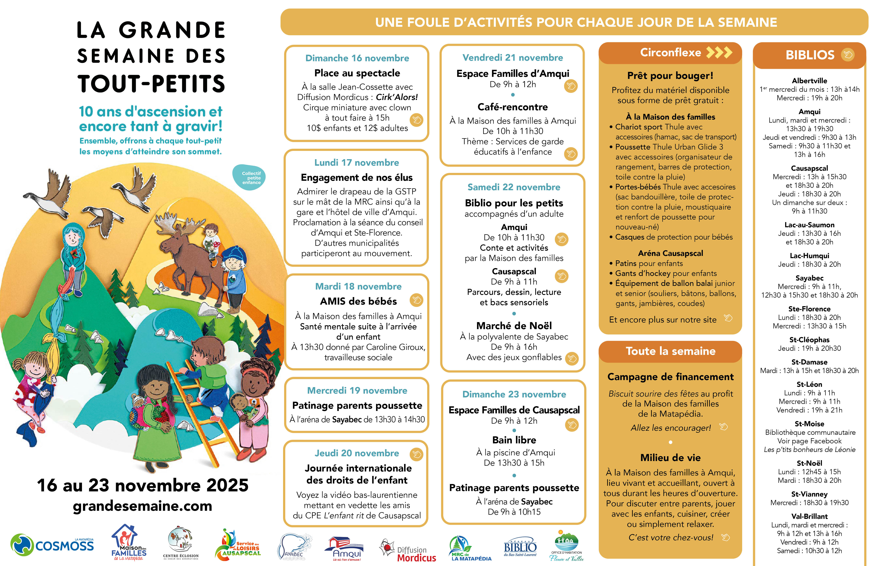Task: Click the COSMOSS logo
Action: pos(52,545)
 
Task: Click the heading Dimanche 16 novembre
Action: pos(357,58)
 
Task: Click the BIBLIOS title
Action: pos(810,55)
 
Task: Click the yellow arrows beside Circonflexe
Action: pos(719,52)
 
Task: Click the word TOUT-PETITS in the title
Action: pos(151,83)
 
